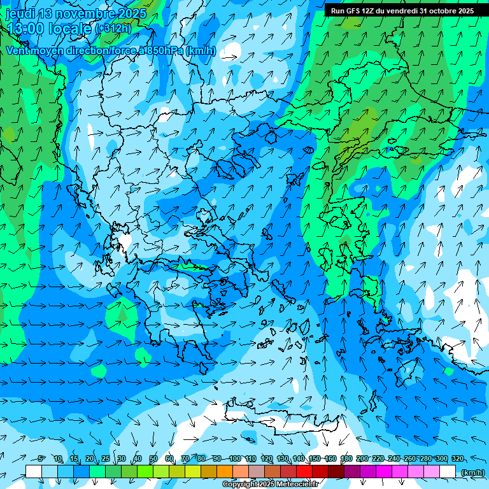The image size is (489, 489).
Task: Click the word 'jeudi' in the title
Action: (20, 13)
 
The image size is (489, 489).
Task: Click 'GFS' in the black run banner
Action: (356, 11)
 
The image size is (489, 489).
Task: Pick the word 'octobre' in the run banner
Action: (443, 11)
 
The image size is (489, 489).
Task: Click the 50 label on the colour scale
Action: (153, 458)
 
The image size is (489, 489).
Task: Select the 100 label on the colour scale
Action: (235, 458)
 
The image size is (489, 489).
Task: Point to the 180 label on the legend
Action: (346, 458)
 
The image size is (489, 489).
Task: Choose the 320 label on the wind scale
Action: (457, 458)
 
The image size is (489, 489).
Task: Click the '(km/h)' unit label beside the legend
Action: (472, 472)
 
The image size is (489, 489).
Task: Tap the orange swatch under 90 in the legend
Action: (225, 471)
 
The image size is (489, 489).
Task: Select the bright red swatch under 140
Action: (304, 471)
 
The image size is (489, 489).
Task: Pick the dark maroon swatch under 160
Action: (336, 471)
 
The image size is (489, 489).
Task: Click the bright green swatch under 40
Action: (145, 471)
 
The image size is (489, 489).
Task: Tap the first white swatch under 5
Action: (34, 471)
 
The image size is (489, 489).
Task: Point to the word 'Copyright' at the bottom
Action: (241, 485)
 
